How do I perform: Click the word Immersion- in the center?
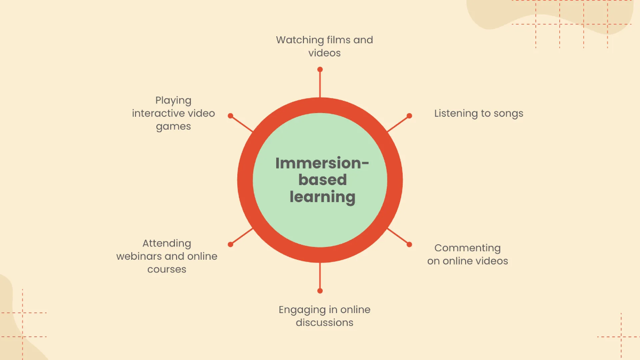[x=322, y=163]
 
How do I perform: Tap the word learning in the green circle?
[x=322, y=197]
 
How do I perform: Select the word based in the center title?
[x=322, y=180]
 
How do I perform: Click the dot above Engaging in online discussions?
[x=320, y=291]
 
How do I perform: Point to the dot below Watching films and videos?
[x=320, y=69]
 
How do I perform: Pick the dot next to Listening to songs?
[x=410, y=115]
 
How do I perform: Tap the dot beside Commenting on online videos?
[x=410, y=244]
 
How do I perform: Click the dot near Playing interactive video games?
[x=230, y=115]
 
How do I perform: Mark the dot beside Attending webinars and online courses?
[x=230, y=244]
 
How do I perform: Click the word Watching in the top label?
[x=300, y=40]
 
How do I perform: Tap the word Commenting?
[x=467, y=248]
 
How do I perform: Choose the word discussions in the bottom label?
[x=324, y=323]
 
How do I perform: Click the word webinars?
[x=139, y=257]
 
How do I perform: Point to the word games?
[x=173, y=127]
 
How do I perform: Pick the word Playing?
[x=173, y=100]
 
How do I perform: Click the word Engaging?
[x=301, y=310]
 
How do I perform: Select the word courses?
[x=167, y=269]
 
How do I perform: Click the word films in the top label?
[x=339, y=40]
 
